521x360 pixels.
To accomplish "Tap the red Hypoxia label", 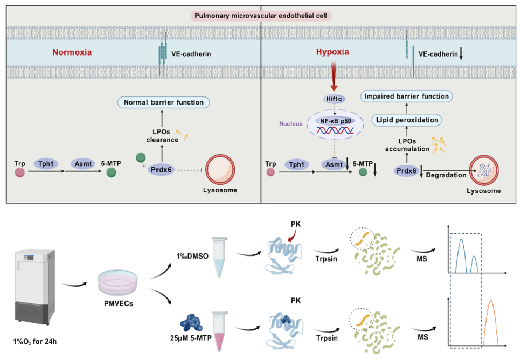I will (333, 53).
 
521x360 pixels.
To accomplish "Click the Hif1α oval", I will (332, 100).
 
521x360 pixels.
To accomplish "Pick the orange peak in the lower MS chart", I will (490, 322).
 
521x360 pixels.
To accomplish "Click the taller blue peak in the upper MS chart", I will (461, 255).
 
